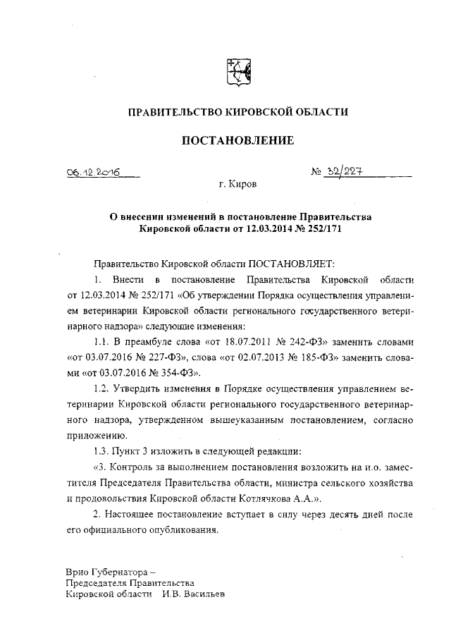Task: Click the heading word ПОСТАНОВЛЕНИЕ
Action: click(x=237, y=141)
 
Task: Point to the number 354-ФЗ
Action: click(x=180, y=373)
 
